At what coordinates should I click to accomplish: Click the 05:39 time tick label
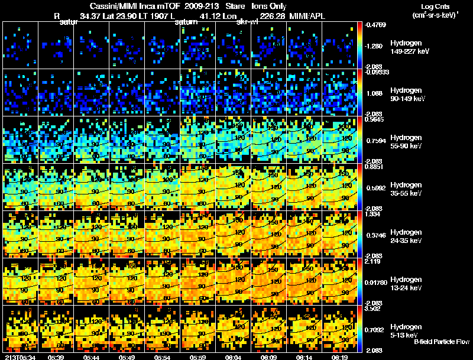pos(57,356)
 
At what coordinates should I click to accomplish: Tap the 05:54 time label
pos(162,356)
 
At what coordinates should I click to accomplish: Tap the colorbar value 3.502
pos(372,308)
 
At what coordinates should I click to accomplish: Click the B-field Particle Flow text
pos(442,341)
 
